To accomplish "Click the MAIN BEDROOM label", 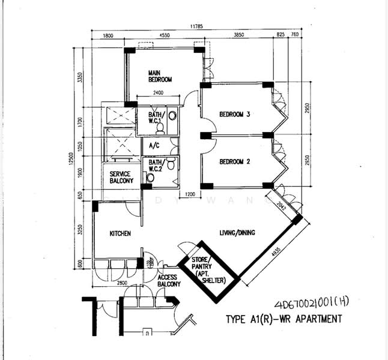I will (160, 76).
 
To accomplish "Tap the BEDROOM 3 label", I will (234, 114).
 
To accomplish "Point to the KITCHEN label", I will (121, 233).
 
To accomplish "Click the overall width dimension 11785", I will (192, 26).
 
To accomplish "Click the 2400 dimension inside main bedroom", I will (158, 92).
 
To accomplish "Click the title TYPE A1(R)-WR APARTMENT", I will (283, 319).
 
